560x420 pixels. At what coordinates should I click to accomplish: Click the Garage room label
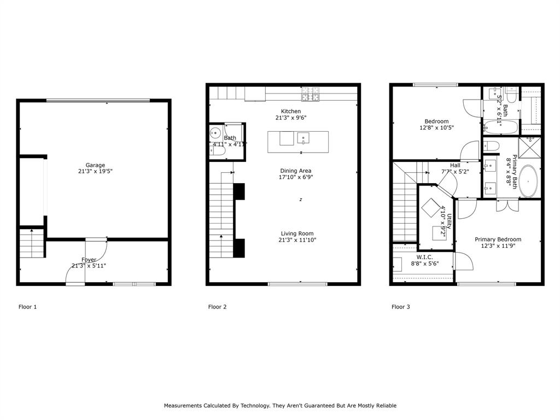[95, 165]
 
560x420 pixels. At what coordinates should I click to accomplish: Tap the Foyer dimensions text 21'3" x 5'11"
[89, 266]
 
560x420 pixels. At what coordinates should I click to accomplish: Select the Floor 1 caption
[28, 307]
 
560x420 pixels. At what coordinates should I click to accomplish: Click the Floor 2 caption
[217, 307]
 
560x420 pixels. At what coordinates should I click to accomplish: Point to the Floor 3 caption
[400, 307]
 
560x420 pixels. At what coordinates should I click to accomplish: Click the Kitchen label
[291, 111]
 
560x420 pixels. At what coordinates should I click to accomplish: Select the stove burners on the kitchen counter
[310, 97]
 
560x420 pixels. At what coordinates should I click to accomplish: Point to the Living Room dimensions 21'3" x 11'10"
[297, 240]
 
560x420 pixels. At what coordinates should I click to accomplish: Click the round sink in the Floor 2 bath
[215, 132]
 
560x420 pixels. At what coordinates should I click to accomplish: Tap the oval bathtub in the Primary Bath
[528, 181]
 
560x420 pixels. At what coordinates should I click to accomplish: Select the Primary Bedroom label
[498, 239]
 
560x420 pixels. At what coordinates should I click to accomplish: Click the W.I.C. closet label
[425, 256]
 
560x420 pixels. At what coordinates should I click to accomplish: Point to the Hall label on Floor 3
[455, 165]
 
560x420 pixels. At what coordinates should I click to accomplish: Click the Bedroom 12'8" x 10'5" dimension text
[436, 127]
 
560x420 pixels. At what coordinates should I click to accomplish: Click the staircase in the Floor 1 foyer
[32, 244]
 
